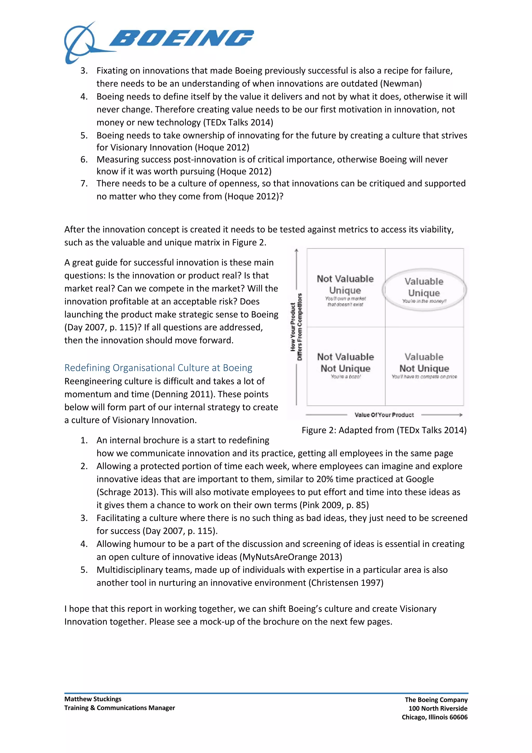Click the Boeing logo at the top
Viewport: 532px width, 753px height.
pyautogui.click(x=159, y=42)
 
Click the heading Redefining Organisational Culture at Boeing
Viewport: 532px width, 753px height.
pyautogui.click(x=158, y=368)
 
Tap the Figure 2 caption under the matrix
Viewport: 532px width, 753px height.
pyautogui.click(x=384, y=430)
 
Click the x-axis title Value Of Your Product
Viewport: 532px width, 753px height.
pyautogui.click(x=384, y=415)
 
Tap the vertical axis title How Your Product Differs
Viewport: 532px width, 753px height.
pyautogui.click(x=296, y=327)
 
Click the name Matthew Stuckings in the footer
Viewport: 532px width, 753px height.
pyautogui.click(x=93, y=699)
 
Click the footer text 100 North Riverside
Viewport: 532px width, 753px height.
pyautogui.click(x=438, y=708)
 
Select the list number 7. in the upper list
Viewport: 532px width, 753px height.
pyautogui.click(x=84, y=183)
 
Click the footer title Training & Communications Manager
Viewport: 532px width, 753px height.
pyautogui.click(x=119, y=708)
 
